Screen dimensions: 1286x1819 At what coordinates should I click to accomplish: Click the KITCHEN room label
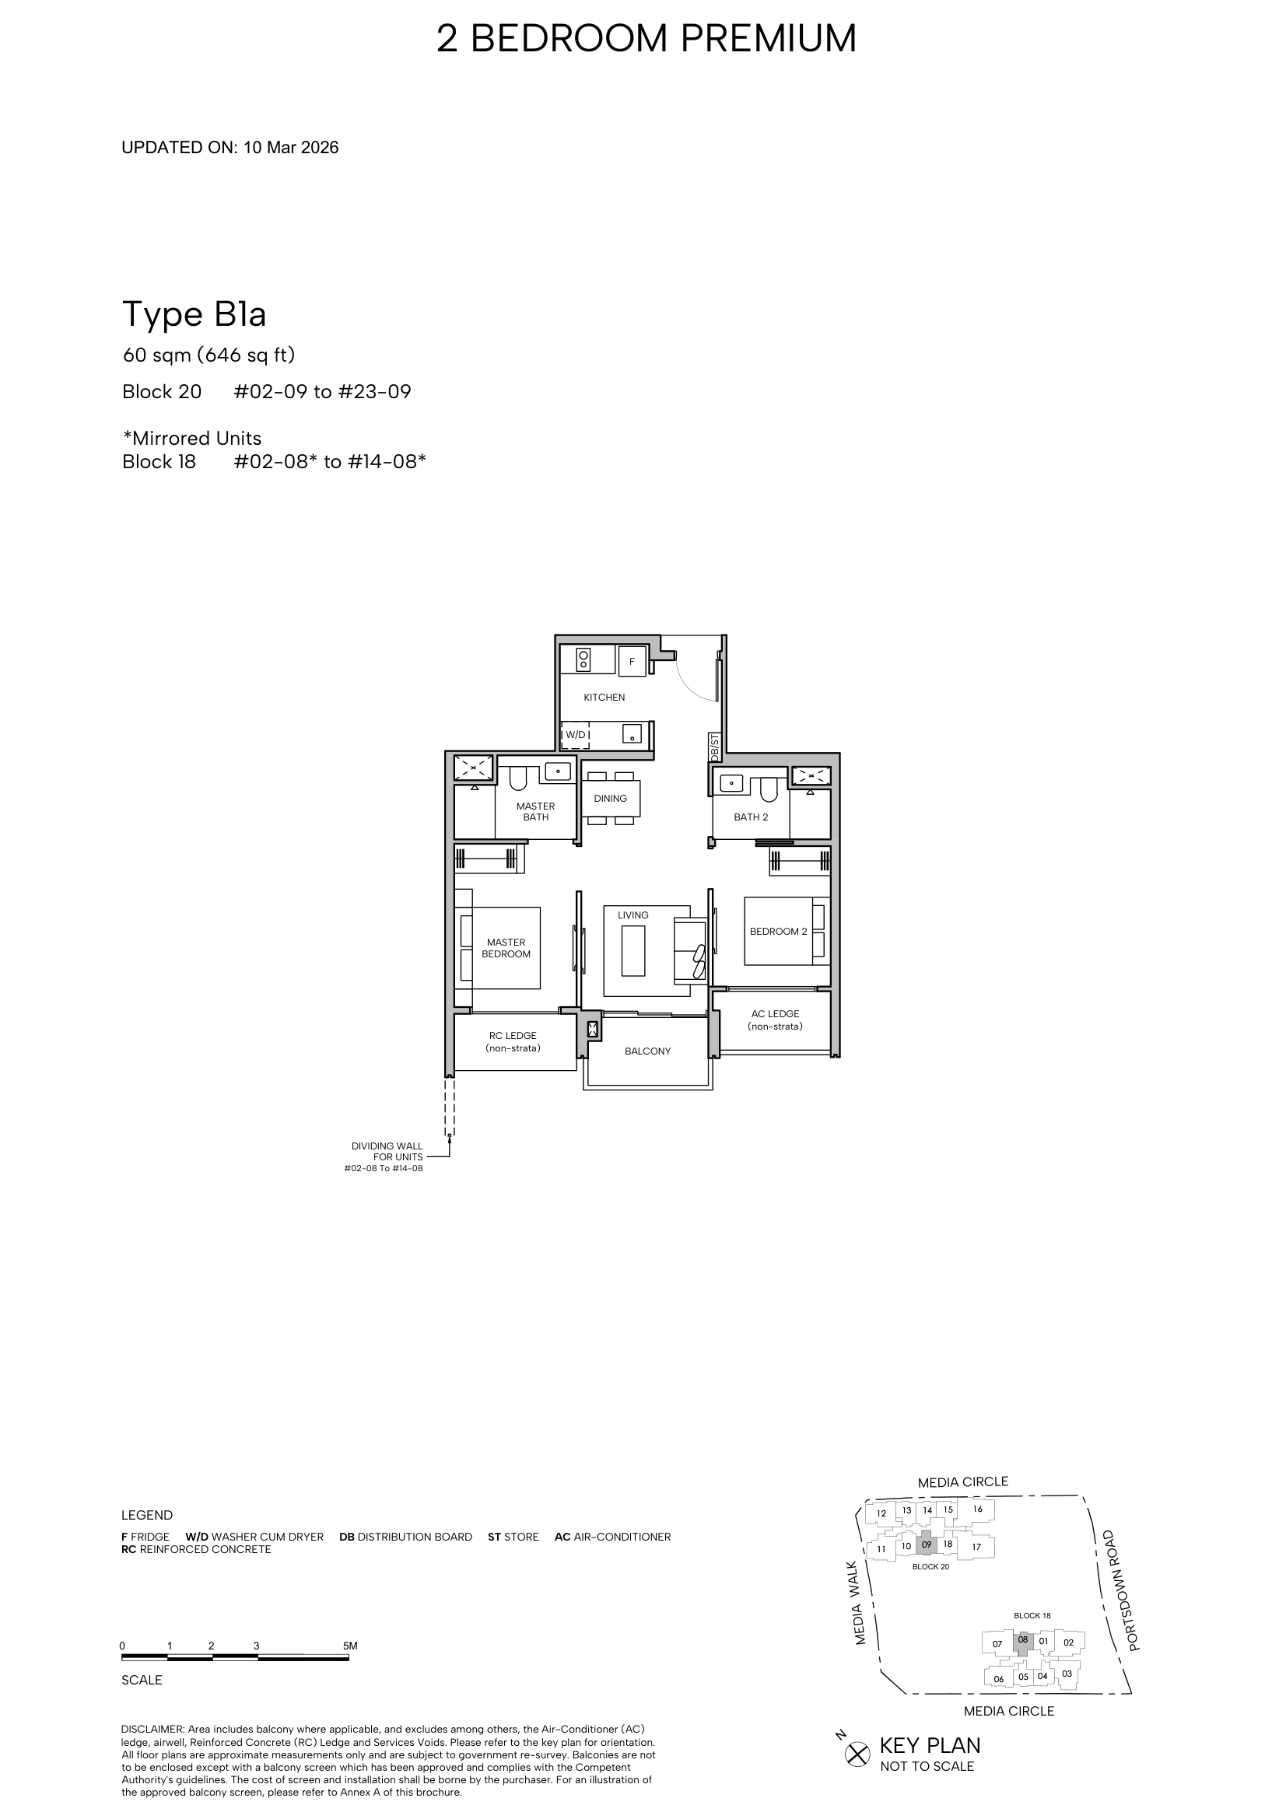click(604, 697)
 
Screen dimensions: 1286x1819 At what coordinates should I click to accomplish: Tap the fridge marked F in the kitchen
click(632, 661)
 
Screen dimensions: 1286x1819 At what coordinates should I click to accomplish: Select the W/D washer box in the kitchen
click(576, 734)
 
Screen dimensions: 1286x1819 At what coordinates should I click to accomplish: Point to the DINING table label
click(610, 799)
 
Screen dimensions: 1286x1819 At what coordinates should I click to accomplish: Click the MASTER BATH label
click(535, 811)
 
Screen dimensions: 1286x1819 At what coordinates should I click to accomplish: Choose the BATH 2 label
click(751, 817)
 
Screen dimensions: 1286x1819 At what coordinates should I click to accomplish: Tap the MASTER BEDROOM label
click(506, 948)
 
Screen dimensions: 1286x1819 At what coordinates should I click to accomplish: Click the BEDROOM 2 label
click(778, 931)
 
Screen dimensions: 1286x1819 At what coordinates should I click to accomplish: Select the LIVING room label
click(633, 915)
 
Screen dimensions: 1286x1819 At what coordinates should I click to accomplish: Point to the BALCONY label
click(647, 1051)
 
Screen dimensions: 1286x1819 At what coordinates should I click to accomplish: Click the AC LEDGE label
click(775, 1020)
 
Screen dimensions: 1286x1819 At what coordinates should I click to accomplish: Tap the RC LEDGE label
click(513, 1042)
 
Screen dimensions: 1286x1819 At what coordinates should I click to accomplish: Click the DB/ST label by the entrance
click(715, 748)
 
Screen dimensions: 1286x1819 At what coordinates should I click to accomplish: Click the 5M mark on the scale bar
click(350, 1646)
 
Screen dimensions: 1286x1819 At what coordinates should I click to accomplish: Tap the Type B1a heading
click(194, 314)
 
